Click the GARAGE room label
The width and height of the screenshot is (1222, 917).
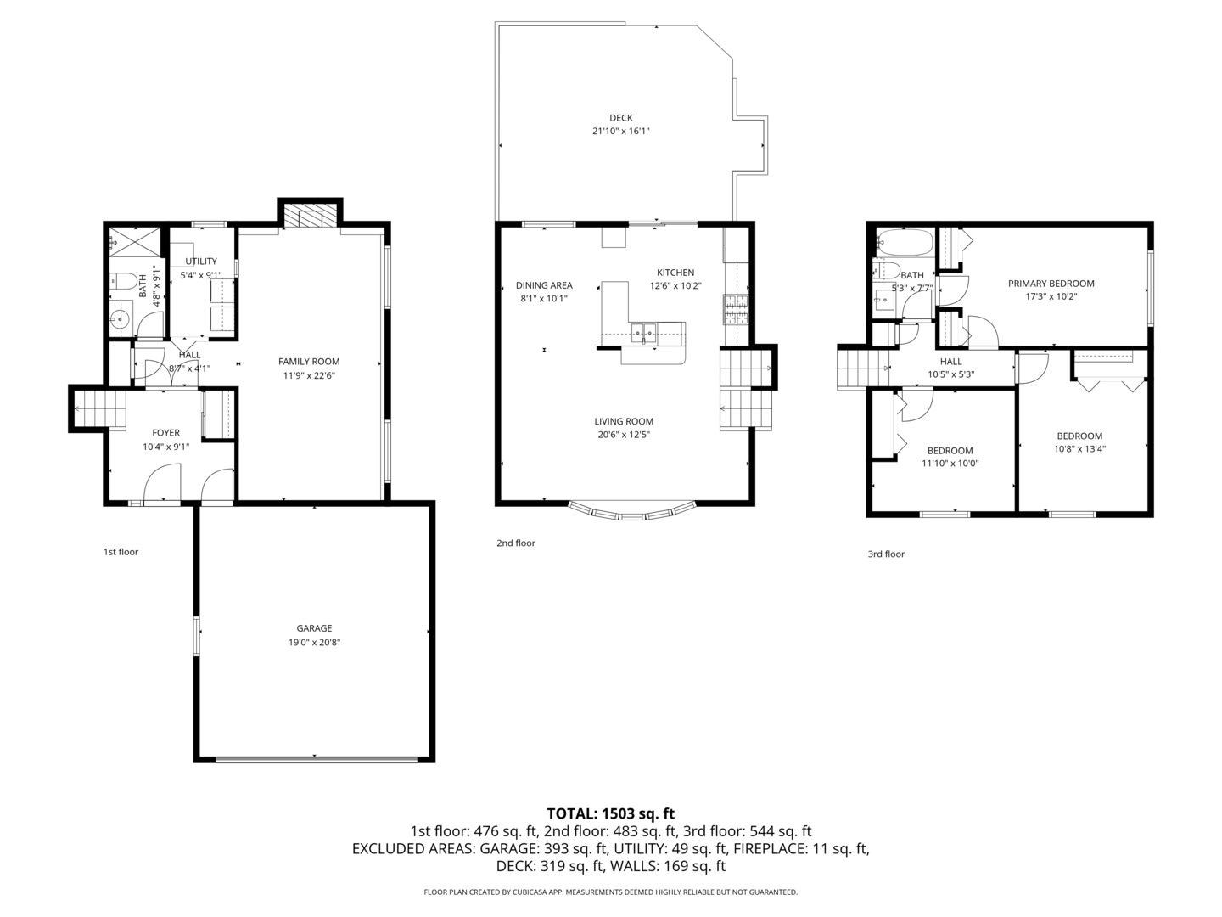[314, 628]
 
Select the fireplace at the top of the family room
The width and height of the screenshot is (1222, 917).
[310, 216]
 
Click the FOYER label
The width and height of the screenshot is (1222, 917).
[165, 433]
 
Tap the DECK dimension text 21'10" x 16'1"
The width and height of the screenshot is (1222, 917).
[620, 132]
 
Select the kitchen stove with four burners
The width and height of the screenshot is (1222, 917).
[735, 310]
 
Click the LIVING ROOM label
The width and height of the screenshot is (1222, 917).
[624, 421]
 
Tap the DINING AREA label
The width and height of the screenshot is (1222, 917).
[544, 285]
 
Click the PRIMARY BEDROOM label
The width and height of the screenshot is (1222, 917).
[1051, 284]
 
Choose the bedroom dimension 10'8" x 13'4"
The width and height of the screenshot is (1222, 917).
[1079, 449]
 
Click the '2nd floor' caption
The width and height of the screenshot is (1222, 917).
[516, 543]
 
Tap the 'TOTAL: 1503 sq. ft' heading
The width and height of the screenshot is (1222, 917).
[610, 813]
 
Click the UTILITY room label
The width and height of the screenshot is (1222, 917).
[201, 262]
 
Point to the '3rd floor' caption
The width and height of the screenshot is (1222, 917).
[886, 554]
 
